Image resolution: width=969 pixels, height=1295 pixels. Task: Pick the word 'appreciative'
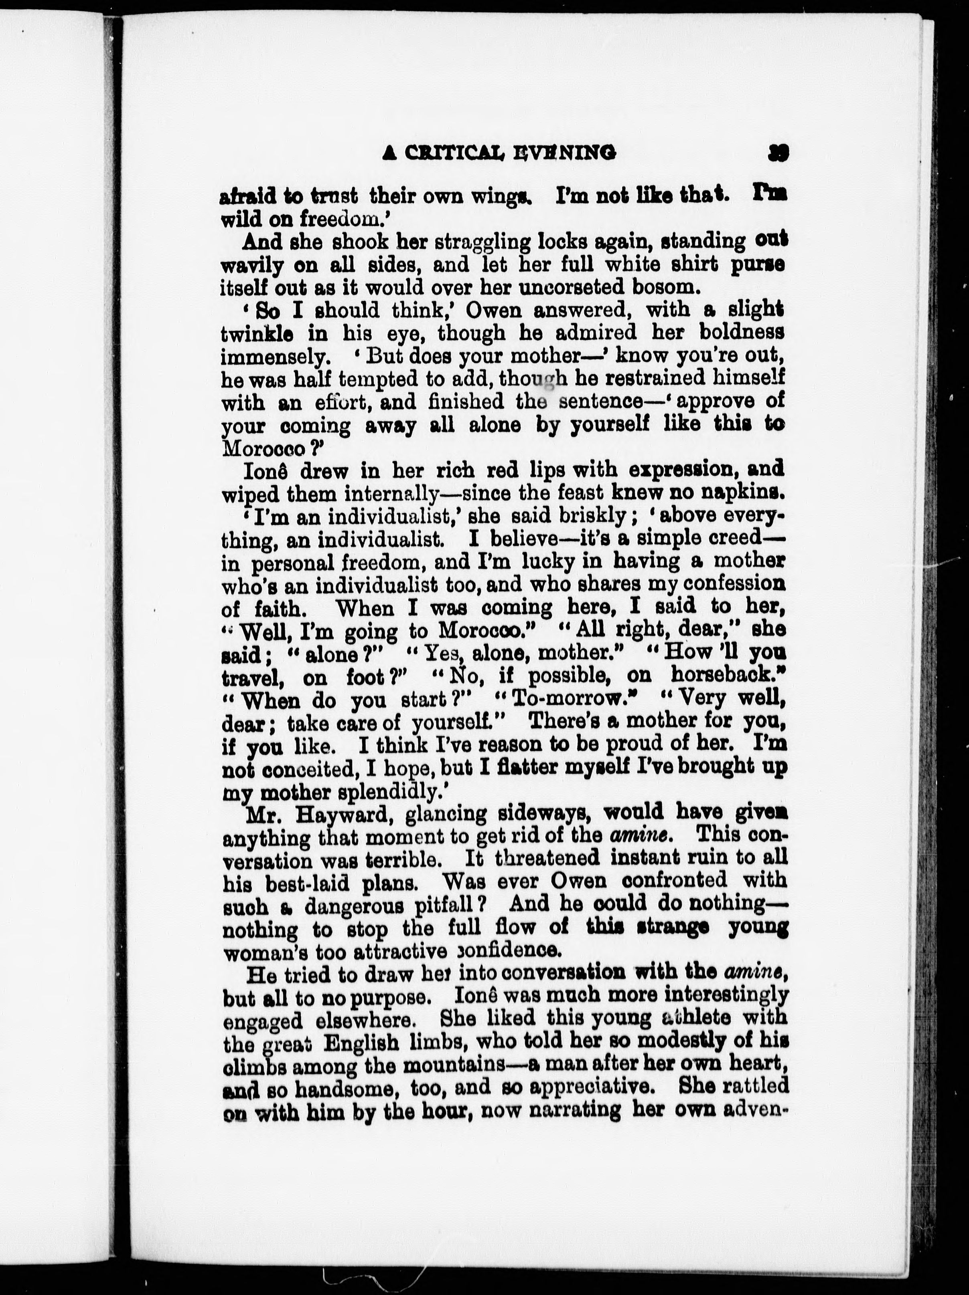coord(590,1087)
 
